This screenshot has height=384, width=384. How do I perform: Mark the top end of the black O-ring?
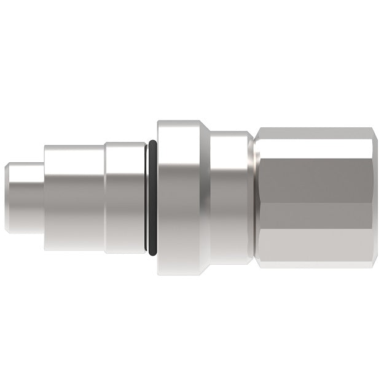coord(152,143)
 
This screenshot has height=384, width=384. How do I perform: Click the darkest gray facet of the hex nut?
coord(316,172)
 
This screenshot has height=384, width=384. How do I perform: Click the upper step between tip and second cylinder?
coord(44,154)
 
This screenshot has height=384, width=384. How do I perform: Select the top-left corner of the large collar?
coord(159,122)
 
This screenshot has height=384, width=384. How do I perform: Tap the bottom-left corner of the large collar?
coord(159,273)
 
